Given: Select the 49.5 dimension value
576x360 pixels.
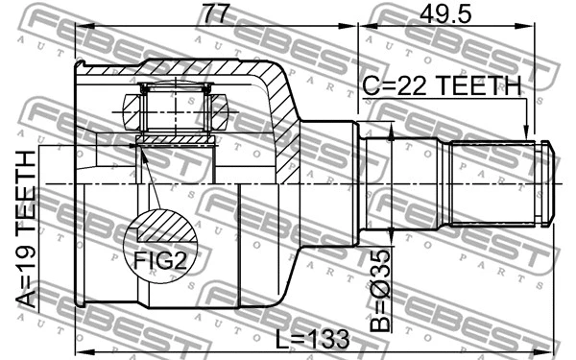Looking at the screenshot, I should (x=444, y=13).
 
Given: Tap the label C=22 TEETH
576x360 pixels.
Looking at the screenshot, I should (x=441, y=86).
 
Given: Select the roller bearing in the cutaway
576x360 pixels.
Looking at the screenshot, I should (x=175, y=107).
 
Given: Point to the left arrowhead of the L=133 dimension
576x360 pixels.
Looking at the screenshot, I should (x=81, y=350).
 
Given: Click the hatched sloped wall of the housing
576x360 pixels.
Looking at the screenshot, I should (x=280, y=110).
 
